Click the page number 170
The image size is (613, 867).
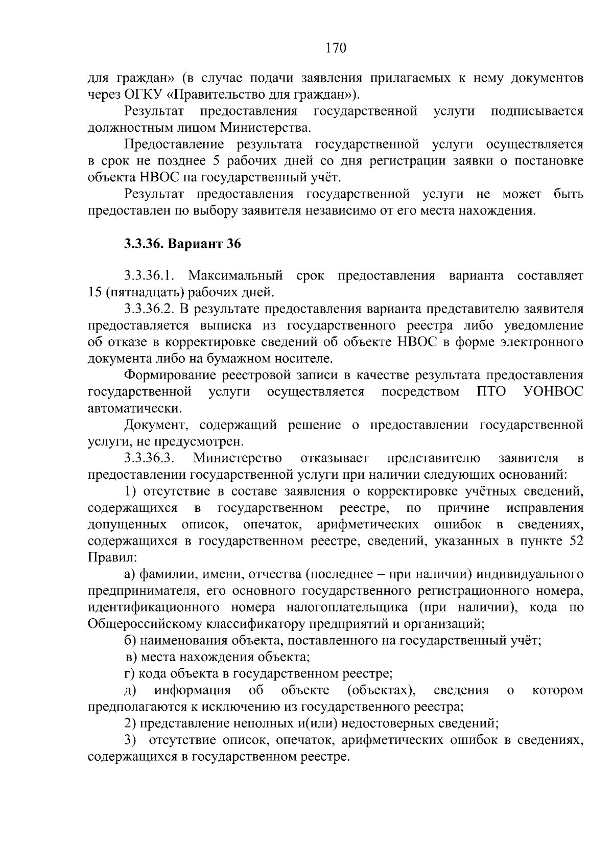(x=336, y=49)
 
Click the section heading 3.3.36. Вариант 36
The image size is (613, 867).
(x=182, y=244)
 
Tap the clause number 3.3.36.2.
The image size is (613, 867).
(x=150, y=309)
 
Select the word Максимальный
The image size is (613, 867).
(x=235, y=276)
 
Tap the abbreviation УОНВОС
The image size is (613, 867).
(x=554, y=392)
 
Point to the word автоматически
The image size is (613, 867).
(x=134, y=408)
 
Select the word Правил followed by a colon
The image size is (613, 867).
(x=108, y=557)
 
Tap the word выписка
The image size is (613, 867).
(x=229, y=326)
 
